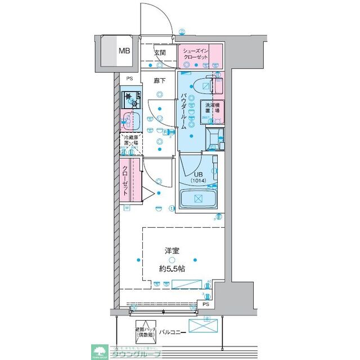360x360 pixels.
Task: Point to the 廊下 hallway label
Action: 160,80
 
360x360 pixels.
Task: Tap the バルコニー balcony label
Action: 170,332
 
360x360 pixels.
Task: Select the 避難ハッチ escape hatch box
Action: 145,331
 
